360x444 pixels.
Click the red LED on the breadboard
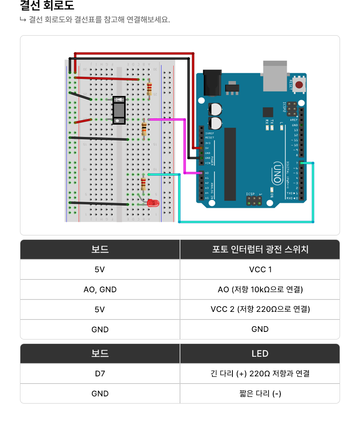[152, 203]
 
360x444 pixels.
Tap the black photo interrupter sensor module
[119, 110]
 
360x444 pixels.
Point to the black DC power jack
[212, 83]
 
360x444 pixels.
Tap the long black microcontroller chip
[230, 164]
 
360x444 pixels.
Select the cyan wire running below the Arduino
[246, 221]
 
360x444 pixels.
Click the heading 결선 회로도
[47, 6]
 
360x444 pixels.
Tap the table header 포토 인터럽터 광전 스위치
[260, 249]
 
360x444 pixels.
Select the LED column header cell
[260, 354]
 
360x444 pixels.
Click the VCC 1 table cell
[260, 269]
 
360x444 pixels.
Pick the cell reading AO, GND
[100, 289]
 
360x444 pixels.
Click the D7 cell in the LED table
[100, 374]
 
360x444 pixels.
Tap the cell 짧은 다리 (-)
[260, 394]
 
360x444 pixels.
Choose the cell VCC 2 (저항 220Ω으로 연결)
[260, 309]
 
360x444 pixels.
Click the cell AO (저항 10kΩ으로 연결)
[260, 289]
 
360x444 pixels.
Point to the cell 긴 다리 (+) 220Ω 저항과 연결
[260, 374]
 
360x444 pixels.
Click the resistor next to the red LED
[144, 184]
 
